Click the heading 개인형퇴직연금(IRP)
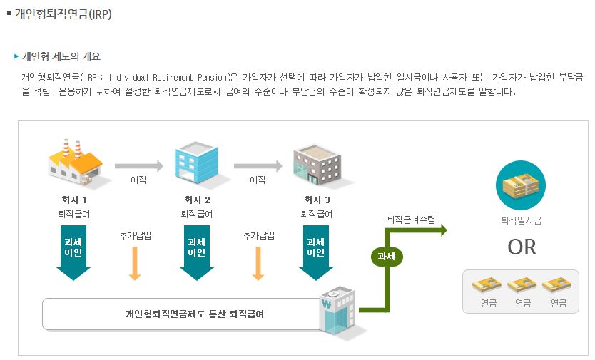(x=63, y=14)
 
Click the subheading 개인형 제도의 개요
(x=61, y=56)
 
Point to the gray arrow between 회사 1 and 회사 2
(x=138, y=166)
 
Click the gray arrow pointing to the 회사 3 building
(x=258, y=166)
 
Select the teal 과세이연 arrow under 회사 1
(x=73, y=252)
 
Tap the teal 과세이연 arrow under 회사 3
(x=316, y=252)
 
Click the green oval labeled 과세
(x=387, y=255)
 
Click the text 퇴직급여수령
(x=411, y=220)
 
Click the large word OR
(x=521, y=247)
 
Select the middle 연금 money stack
(x=522, y=285)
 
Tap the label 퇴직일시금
(x=521, y=221)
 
